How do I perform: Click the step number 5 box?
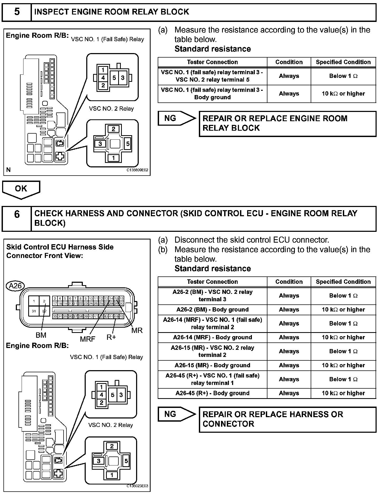[x=17, y=12]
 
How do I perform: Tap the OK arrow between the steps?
[x=21, y=189]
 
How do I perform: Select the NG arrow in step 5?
[x=176, y=118]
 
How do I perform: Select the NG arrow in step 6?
[x=176, y=414]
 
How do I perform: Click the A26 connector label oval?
[x=15, y=286]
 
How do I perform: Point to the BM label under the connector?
[x=41, y=335]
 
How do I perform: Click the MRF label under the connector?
[x=88, y=339]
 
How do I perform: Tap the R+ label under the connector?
[x=111, y=337]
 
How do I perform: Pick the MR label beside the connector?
[x=137, y=330]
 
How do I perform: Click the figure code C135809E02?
[x=137, y=170]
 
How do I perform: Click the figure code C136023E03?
[x=137, y=486]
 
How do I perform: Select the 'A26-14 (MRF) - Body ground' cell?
[x=212, y=337]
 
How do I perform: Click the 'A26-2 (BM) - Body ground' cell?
[x=212, y=309]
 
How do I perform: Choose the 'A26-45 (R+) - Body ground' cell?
[x=212, y=393]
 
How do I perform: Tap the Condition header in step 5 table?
[x=289, y=62]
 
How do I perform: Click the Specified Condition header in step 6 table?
[x=343, y=282]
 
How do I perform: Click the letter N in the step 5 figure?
[x=8, y=170]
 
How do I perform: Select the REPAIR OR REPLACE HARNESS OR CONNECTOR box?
[x=287, y=419]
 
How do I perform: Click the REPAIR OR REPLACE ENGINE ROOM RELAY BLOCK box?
[x=287, y=124]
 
